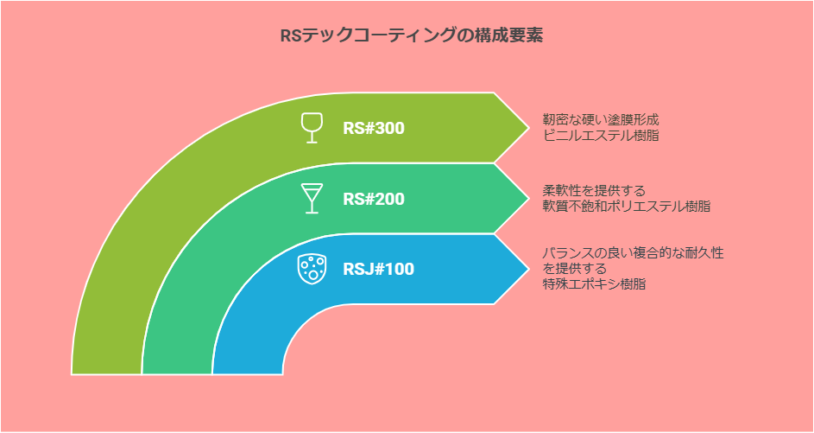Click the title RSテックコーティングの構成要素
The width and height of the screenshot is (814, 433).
[x=411, y=35]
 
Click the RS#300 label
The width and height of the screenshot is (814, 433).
[x=373, y=129]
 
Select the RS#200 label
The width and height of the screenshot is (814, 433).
[x=373, y=199]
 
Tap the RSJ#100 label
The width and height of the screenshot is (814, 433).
[x=378, y=270]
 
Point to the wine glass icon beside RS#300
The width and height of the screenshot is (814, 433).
[x=312, y=128]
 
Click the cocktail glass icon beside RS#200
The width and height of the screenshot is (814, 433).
[x=312, y=199]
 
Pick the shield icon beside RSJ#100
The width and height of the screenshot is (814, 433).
[x=312, y=270]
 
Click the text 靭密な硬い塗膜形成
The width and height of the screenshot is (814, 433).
[x=601, y=120]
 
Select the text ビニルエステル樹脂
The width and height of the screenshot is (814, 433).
[x=601, y=137]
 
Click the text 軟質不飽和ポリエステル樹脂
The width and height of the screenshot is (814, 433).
[x=627, y=206]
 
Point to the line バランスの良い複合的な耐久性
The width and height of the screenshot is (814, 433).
[x=634, y=254]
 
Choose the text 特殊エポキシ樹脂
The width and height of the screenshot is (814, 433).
[x=595, y=285]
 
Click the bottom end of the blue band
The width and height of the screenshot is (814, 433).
[x=247, y=373]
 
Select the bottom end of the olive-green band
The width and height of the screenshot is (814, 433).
[x=106, y=373]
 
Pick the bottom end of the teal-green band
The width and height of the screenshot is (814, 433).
[x=176, y=373]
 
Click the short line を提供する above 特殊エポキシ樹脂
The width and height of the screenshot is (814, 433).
[x=575, y=270]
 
